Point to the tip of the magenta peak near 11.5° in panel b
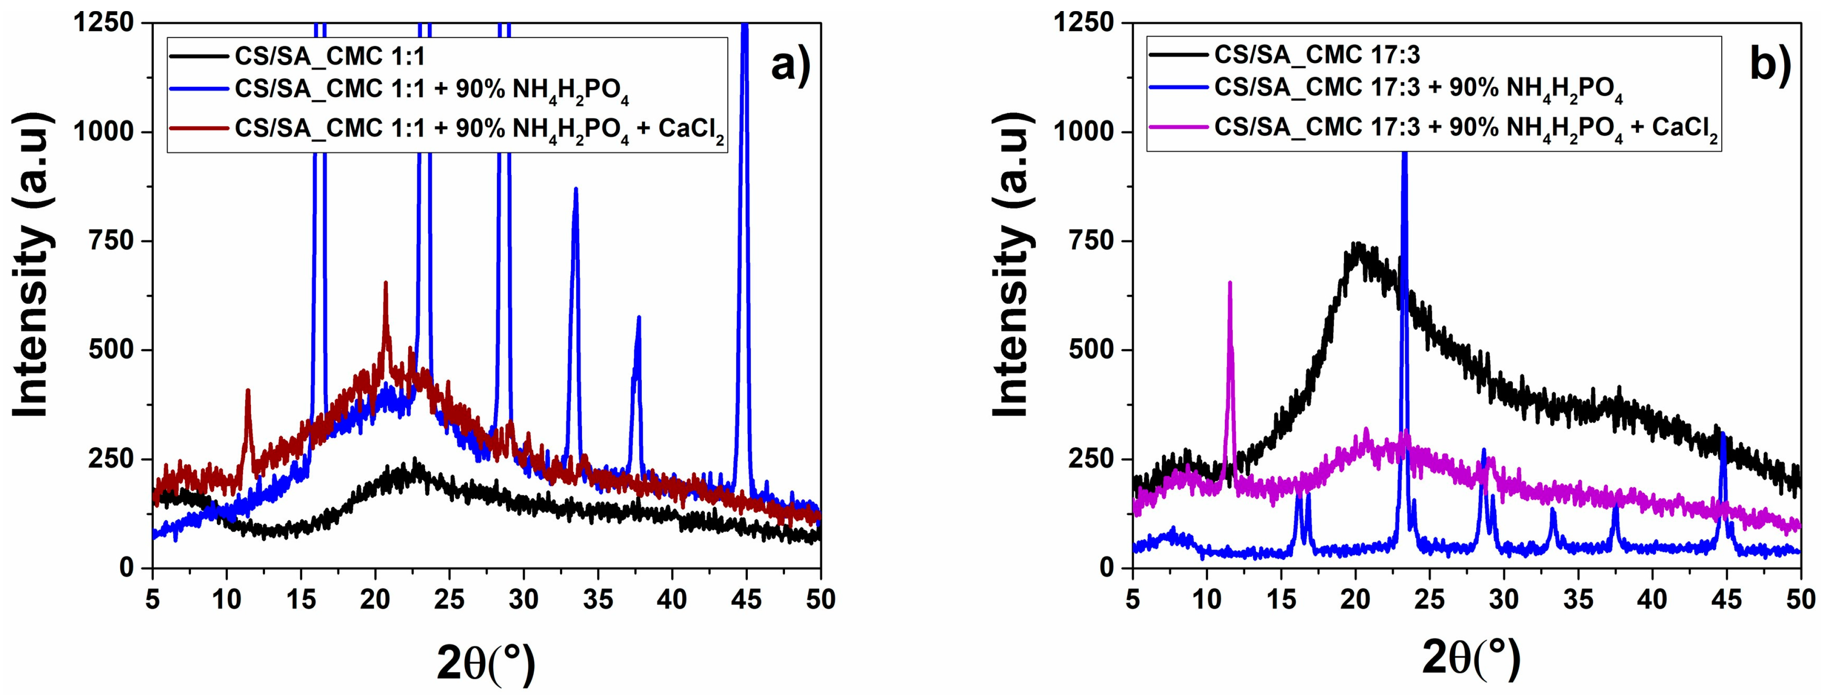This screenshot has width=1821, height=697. pos(1230,283)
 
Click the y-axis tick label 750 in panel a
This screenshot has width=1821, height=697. pos(110,241)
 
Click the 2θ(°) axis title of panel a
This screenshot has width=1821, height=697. pos(486,663)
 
